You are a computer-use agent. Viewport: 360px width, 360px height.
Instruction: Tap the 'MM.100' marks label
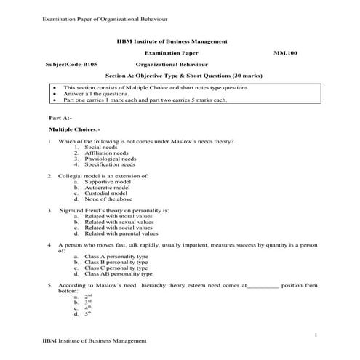click(x=285, y=54)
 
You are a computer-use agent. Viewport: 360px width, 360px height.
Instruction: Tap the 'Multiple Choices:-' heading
click(x=73, y=129)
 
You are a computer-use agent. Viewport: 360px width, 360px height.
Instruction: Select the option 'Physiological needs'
click(x=110, y=159)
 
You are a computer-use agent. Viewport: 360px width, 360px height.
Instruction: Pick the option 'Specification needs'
click(x=110, y=165)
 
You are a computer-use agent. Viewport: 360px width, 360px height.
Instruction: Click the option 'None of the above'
click(x=108, y=199)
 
